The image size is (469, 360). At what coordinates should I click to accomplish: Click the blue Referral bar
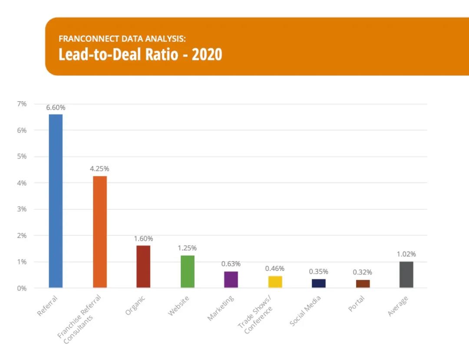[56, 201]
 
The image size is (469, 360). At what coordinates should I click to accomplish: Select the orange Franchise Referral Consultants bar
[99, 231]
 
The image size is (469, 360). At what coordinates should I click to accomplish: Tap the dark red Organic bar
[143, 266]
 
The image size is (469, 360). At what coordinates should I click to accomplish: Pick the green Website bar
[188, 271]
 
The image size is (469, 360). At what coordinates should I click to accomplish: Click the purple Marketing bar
[231, 279]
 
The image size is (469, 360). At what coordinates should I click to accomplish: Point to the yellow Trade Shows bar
[275, 281]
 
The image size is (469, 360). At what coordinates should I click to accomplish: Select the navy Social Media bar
[319, 283]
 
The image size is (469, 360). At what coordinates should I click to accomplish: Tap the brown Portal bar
[363, 284]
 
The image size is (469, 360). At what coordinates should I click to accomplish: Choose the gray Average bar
[406, 274]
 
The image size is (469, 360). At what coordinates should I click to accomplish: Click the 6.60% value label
[56, 107]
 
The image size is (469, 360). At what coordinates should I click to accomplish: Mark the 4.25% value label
[100, 169]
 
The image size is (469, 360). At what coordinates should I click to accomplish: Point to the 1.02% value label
[406, 254]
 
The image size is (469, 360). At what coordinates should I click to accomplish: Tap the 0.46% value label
[275, 269]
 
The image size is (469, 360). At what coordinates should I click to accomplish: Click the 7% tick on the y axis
[22, 104]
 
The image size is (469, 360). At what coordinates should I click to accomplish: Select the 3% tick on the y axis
[22, 209]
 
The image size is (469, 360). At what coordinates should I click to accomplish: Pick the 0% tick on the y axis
[22, 288]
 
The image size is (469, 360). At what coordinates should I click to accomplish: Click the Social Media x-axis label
[306, 311]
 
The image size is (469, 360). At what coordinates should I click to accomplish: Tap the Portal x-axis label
[356, 304]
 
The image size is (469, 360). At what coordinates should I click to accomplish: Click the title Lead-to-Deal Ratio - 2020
[140, 55]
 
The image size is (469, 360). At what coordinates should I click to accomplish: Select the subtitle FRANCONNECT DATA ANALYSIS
[122, 39]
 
